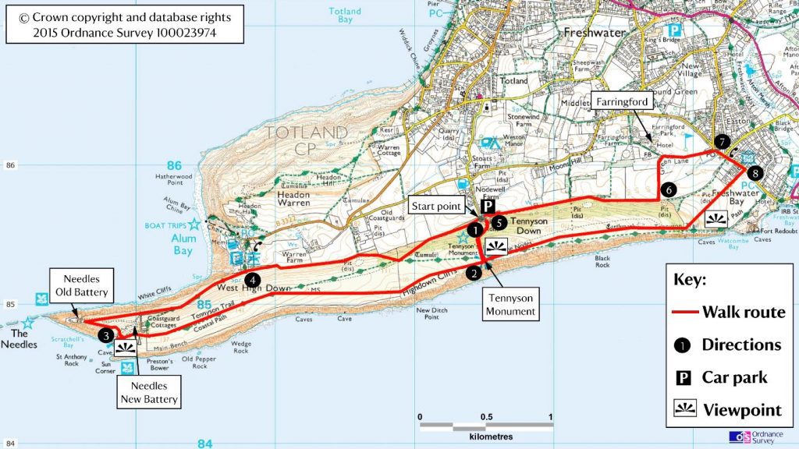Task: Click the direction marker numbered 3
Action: coord(105,335)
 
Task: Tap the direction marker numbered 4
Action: coord(251,279)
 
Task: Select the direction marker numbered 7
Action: coord(723,142)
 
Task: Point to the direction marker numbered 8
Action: coord(752,172)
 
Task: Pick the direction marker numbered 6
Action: coord(668,188)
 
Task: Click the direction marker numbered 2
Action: coord(472,273)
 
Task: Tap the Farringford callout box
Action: coord(623,101)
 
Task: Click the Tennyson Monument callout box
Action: coord(512,305)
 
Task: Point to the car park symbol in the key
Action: coord(683,378)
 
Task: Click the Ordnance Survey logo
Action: coord(755,437)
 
